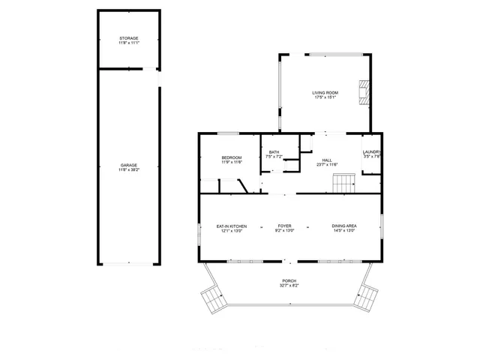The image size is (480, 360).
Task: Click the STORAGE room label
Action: pos(128,38)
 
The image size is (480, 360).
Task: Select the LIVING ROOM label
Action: pos(324,93)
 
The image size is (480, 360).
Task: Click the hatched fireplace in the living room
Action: pos(364,91)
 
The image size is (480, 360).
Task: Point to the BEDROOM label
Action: pos(231,157)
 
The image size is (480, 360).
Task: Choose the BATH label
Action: pos(274,152)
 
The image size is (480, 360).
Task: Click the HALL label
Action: pos(327,160)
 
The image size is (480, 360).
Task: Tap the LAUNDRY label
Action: pos(372,152)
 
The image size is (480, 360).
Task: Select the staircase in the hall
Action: pos(344,181)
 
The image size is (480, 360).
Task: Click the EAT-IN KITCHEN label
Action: pos(231,226)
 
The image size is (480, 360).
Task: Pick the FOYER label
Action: pos(285,226)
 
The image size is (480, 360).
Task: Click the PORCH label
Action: pos(289,282)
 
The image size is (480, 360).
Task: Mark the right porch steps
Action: pos(367,298)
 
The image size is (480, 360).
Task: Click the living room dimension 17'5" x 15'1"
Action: pos(324,97)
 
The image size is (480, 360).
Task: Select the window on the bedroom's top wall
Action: pos(228,134)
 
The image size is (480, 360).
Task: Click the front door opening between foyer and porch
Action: pos(286,262)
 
